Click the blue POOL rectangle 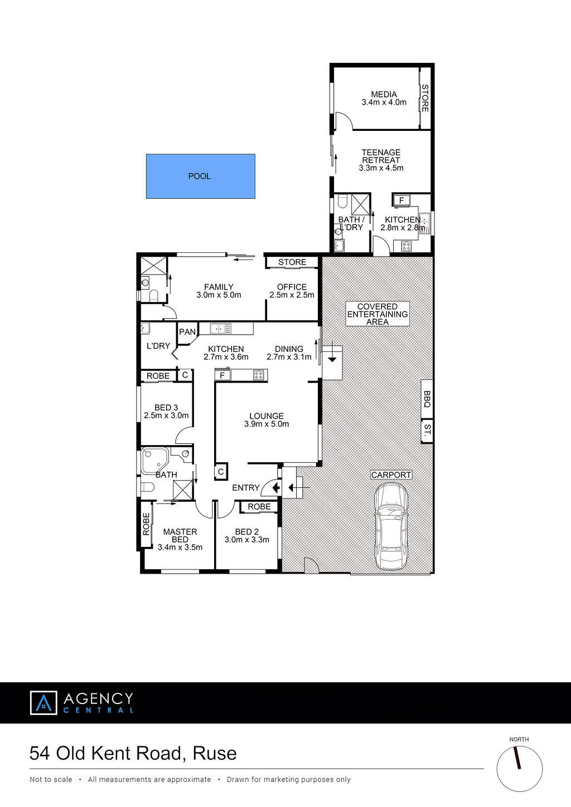[201, 176]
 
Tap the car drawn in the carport [391, 527]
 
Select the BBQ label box [427, 399]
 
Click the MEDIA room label [384, 94]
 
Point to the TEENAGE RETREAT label [381, 156]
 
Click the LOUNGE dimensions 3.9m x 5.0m [267, 424]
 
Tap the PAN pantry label [187, 332]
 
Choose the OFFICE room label [292, 287]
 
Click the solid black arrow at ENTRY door [276, 488]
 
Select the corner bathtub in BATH [154, 461]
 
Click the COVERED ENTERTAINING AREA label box [378, 314]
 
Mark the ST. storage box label [427, 431]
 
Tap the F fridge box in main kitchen [222, 375]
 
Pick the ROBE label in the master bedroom [146, 524]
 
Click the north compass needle [517, 757]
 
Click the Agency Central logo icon [43, 703]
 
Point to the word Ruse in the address [215, 753]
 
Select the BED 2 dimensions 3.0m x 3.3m [246, 540]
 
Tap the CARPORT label [391, 475]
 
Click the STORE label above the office [292, 262]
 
